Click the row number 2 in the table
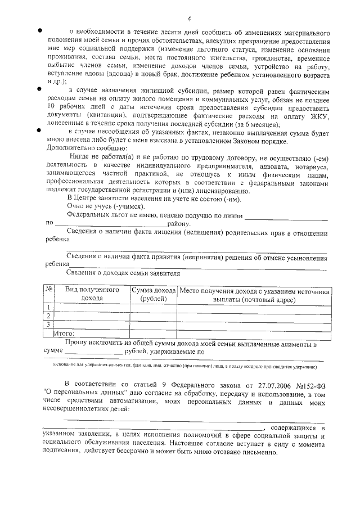tap(49, 316)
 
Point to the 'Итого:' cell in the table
tap(67, 334)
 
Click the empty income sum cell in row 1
tap(154, 307)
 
